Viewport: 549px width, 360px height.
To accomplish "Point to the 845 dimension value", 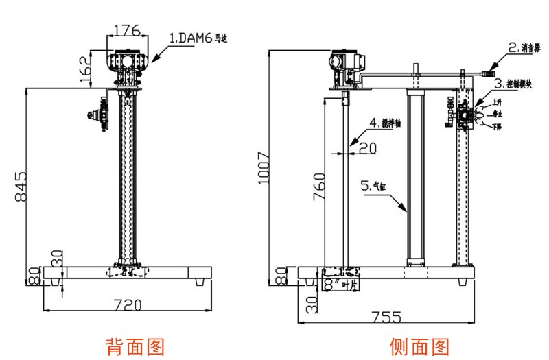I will [22, 185].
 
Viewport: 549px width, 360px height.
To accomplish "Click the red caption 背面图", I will [135, 346].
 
